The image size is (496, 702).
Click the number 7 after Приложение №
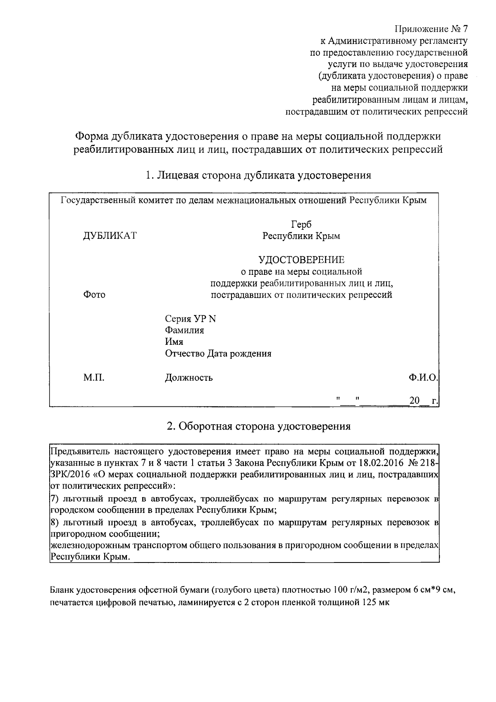(464, 29)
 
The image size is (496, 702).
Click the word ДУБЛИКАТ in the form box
(110, 236)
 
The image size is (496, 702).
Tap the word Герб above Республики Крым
(301, 224)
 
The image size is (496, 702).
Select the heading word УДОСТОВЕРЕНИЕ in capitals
(301, 260)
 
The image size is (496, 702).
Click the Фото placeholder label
(94, 295)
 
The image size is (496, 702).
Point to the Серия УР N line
(191, 319)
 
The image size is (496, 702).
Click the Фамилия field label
(184, 330)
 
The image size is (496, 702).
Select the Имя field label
(174, 342)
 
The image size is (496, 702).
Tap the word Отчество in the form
(185, 354)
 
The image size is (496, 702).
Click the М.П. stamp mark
(94, 377)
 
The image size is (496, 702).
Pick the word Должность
(189, 377)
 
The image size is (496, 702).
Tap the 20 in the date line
(414, 401)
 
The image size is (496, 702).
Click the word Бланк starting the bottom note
(62, 590)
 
